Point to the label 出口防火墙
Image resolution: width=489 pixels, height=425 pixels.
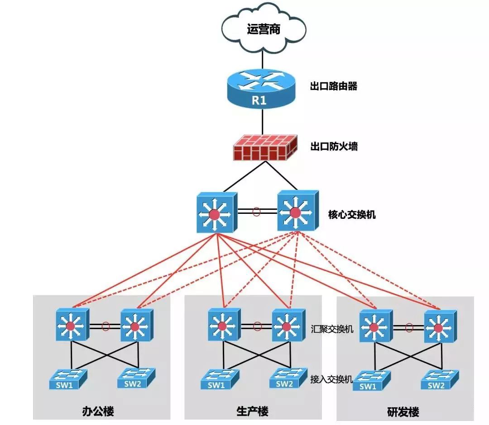[x=333, y=146]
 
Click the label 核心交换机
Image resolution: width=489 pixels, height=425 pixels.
[x=352, y=214]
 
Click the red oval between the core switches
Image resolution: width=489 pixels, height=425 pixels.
[x=257, y=211]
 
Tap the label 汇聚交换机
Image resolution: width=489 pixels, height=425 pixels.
[x=332, y=329]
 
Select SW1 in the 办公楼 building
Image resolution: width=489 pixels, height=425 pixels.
[x=68, y=379]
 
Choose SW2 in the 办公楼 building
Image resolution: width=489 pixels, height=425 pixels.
[x=136, y=378]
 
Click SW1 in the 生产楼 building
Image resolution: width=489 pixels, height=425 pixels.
[x=219, y=379]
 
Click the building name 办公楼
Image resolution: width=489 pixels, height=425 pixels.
[x=98, y=412]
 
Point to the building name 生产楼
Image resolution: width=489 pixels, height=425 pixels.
[x=252, y=412]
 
